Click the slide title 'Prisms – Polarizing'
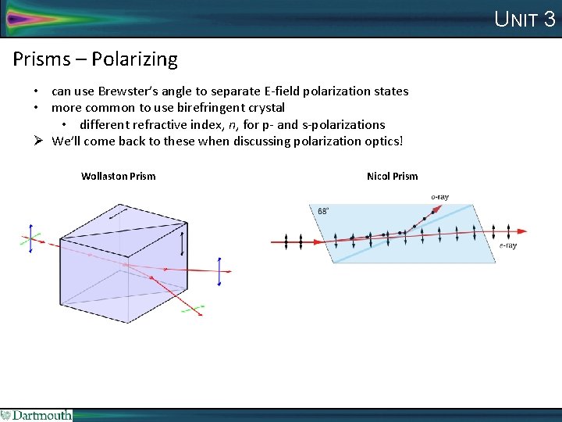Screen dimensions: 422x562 coord(95,59)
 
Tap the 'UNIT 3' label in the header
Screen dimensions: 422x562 coord(525,20)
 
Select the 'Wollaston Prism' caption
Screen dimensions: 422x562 coord(118,176)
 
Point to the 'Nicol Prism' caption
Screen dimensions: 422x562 coord(392,176)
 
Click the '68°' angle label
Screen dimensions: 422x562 coord(323,211)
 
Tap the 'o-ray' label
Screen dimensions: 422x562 coord(439,197)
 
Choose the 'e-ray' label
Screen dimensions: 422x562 coord(507,246)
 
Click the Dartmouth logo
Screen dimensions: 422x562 coord(37,415)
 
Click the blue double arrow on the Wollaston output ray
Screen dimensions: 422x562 coord(219,270)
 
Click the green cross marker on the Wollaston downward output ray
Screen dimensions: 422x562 coord(192,309)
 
